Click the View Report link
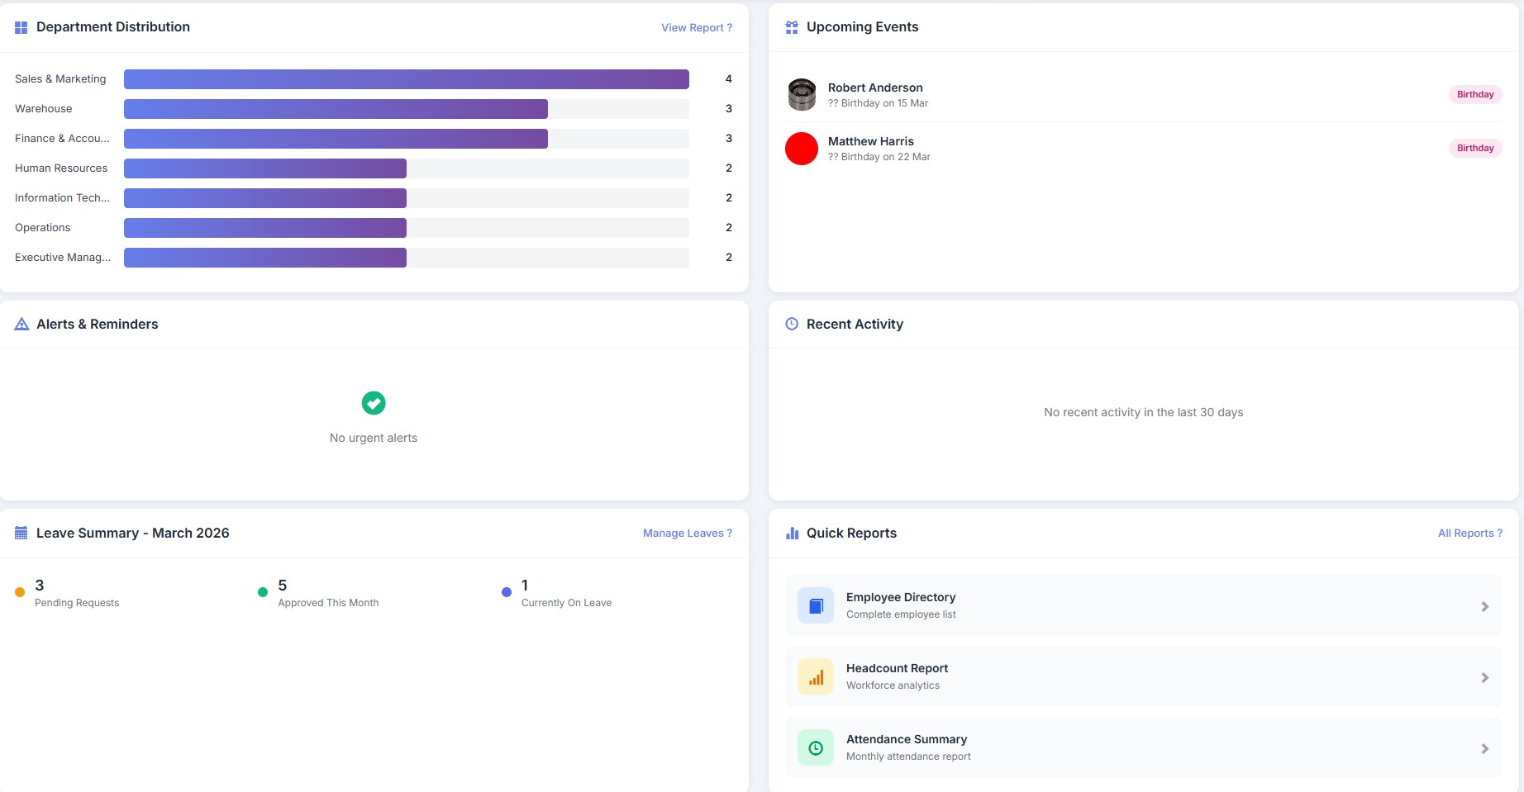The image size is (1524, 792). [696, 27]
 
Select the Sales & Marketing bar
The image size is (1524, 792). [406, 79]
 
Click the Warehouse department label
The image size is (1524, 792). [44, 109]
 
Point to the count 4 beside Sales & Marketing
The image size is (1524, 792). [728, 79]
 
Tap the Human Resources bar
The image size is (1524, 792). [265, 168]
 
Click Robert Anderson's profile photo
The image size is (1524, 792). [802, 94]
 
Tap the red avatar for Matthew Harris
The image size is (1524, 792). [802, 149]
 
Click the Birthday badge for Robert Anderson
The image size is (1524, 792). [1474, 94]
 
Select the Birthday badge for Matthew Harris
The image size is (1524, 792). [1474, 148]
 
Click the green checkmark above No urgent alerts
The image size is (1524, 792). [374, 403]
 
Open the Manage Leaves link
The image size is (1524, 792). [687, 534]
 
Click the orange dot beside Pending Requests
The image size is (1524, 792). [20, 592]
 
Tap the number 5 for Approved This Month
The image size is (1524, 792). [283, 586]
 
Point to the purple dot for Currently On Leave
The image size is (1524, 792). [507, 592]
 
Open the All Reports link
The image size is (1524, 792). [1469, 534]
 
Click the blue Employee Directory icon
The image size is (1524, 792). [816, 606]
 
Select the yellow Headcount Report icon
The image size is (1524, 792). [816, 677]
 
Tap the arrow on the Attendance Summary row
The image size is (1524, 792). [1484, 749]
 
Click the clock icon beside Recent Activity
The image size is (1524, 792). [792, 324]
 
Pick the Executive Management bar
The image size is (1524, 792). [265, 258]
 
